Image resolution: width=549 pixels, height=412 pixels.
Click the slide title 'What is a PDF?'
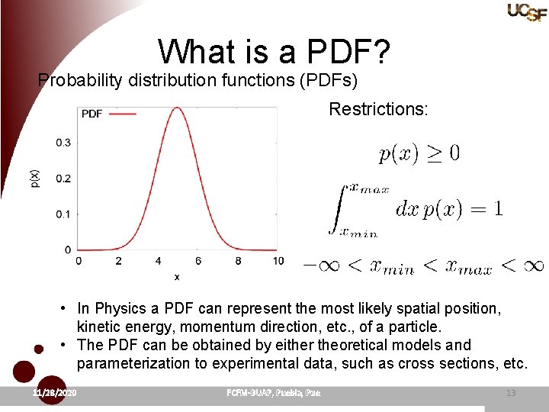click(x=274, y=52)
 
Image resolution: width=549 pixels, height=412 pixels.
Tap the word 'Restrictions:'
click(x=378, y=109)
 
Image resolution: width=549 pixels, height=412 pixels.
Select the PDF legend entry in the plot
click(x=108, y=114)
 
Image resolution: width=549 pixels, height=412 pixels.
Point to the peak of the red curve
click(x=177, y=108)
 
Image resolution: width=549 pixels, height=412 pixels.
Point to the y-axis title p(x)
click(x=35, y=179)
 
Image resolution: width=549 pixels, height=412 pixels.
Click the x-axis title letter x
click(x=177, y=277)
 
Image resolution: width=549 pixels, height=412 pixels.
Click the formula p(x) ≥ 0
click(x=419, y=154)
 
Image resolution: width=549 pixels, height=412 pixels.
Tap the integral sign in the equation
click(x=336, y=208)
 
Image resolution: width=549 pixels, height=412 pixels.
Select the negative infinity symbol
click(x=321, y=266)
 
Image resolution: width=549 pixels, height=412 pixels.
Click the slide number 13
click(x=510, y=393)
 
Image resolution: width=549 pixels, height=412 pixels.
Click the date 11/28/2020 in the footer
click(x=55, y=393)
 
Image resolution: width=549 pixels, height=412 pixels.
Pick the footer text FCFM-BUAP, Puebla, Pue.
click(x=274, y=393)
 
